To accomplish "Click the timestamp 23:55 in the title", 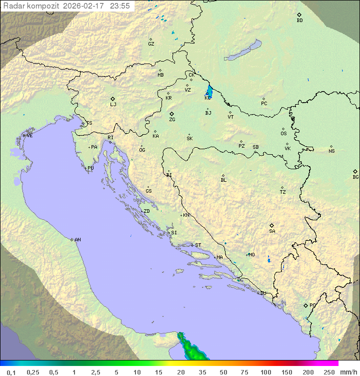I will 119,6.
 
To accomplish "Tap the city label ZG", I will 172,120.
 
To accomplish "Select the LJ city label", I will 113,105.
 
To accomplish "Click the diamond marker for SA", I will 272,225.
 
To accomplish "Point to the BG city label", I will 355,177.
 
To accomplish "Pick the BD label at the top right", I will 299,21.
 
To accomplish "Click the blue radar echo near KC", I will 209,92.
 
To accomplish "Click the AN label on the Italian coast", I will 77,240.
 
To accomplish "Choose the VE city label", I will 29,136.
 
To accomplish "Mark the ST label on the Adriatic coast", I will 198,245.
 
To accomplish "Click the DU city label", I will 262,293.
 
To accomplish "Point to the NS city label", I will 331,151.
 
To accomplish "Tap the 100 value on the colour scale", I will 265,372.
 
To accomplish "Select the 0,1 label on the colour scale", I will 11,372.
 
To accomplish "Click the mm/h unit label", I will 347,372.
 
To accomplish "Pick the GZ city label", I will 151,44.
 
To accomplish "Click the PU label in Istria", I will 90,168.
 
